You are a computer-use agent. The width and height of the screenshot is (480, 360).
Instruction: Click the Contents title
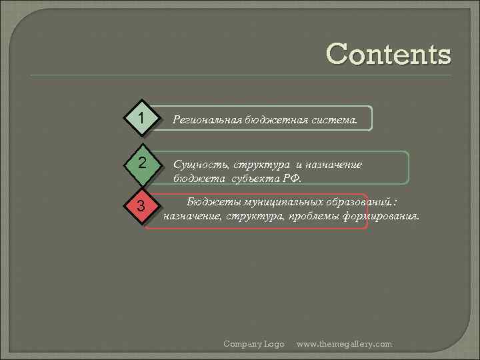[x=389, y=54]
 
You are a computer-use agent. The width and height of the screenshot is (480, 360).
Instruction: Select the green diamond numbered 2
[x=141, y=163]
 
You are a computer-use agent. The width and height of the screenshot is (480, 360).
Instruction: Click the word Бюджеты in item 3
[x=213, y=201]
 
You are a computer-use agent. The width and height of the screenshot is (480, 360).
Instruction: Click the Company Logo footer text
[x=254, y=344]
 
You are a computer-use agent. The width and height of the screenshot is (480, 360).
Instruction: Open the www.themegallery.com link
[x=344, y=344]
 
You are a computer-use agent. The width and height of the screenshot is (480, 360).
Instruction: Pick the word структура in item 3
[x=252, y=216]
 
